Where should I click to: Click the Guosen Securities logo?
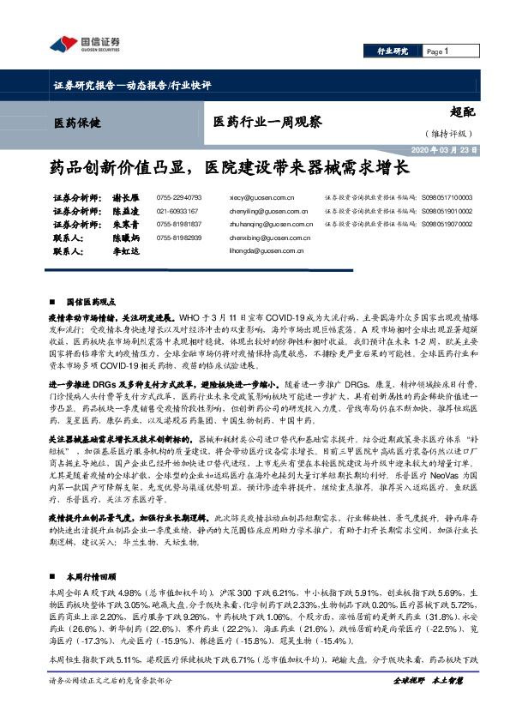pyautogui.click(x=84, y=45)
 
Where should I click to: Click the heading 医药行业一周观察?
pyautogui.click(x=267, y=122)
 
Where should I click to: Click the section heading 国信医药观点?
pyautogui.click(x=90, y=302)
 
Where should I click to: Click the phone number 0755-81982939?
pyautogui.click(x=179, y=238)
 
